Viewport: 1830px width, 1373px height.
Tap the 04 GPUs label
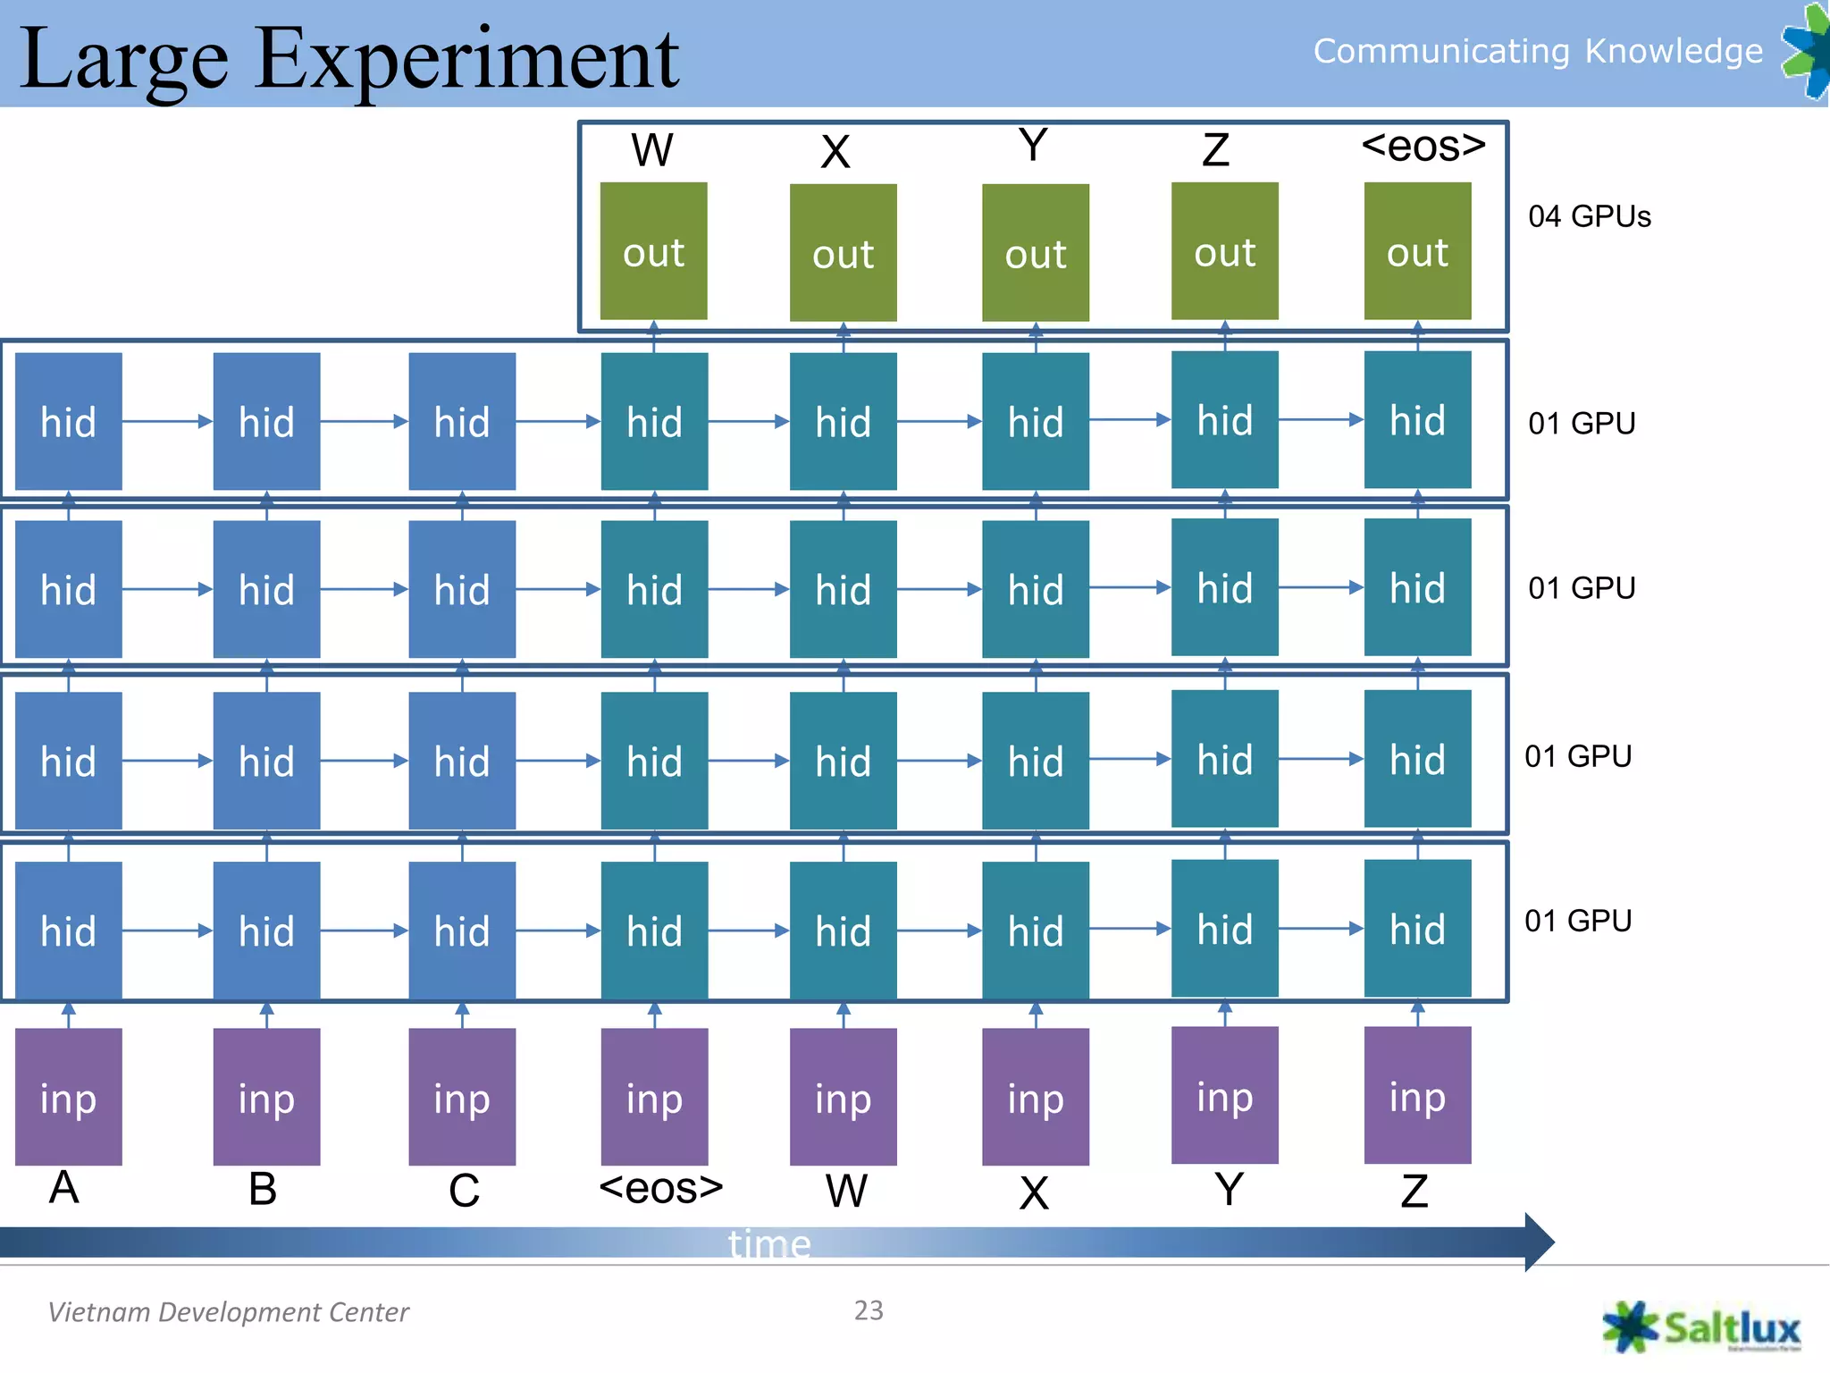[x=1589, y=216]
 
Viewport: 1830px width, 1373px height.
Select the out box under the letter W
[x=653, y=252]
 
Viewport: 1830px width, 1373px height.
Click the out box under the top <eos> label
[x=1417, y=252]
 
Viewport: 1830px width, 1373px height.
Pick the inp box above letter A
[x=69, y=1097]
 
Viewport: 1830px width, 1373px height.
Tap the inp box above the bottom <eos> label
[x=654, y=1097]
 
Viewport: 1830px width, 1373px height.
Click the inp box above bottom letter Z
[x=1417, y=1095]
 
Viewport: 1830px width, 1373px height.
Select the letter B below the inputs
[x=263, y=1189]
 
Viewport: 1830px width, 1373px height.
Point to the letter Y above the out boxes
[x=1033, y=145]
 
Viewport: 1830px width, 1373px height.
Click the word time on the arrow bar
[x=769, y=1243]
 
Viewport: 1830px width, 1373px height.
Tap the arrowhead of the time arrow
[x=1539, y=1242]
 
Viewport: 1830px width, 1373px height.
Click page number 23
[x=869, y=1310]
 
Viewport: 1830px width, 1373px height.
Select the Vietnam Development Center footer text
[x=228, y=1312]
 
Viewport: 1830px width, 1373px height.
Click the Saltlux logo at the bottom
[x=1702, y=1327]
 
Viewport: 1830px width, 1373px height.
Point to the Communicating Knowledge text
[x=1537, y=51]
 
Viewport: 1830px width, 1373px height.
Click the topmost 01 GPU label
[x=1582, y=423]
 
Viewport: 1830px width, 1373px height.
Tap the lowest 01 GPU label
[x=1578, y=921]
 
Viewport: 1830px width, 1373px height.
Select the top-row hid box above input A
[x=69, y=421]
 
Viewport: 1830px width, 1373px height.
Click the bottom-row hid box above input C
[x=462, y=931]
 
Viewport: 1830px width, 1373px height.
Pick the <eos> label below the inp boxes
[x=660, y=1189]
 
